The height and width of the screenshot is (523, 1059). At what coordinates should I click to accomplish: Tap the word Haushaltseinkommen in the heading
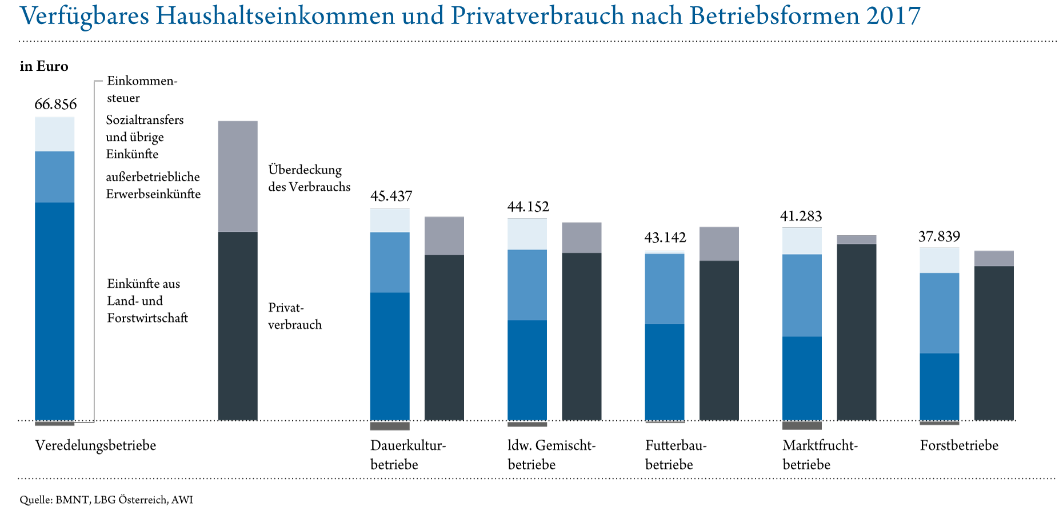pyautogui.click(x=275, y=17)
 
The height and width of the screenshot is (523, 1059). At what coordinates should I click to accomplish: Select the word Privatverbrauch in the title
pyautogui.click(x=537, y=17)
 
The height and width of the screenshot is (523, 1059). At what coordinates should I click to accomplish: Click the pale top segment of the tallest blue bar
pyautogui.click(x=55, y=134)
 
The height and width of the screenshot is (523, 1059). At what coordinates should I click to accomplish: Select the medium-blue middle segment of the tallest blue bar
pyautogui.click(x=55, y=177)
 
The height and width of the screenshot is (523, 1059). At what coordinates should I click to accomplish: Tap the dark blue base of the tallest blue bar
pyautogui.click(x=55, y=311)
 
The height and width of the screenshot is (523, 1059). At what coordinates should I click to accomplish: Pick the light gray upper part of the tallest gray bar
pyautogui.click(x=238, y=176)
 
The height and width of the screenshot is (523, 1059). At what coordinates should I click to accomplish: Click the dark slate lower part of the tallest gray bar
pyautogui.click(x=238, y=325)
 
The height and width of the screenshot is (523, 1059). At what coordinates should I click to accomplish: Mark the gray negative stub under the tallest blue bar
pyautogui.click(x=55, y=424)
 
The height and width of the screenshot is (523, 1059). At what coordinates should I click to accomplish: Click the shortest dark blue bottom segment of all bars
pyautogui.click(x=940, y=387)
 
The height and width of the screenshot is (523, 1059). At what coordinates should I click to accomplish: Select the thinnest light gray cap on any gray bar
pyautogui.click(x=857, y=240)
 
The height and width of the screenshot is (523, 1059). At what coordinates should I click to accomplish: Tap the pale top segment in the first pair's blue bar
pyautogui.click(x=390, y=220)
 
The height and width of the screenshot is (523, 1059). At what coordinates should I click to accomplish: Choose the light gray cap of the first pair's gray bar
pyautogui.click(x=444, y=235)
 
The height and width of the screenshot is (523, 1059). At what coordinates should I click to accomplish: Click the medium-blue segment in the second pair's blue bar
pyautogui.click(x=527, y=285)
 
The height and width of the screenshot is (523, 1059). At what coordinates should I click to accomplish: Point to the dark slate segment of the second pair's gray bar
pyautogui.click(x=582, y=336)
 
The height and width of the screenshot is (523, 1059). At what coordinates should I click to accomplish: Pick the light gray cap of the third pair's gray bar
pyautogui.click(x=719, y=244)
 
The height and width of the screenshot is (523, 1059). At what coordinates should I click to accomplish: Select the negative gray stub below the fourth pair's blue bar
pyautogui.click(x=802, y=425)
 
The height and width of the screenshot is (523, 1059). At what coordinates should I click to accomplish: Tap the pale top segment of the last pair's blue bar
pyautogui.click(x=940, y=260)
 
